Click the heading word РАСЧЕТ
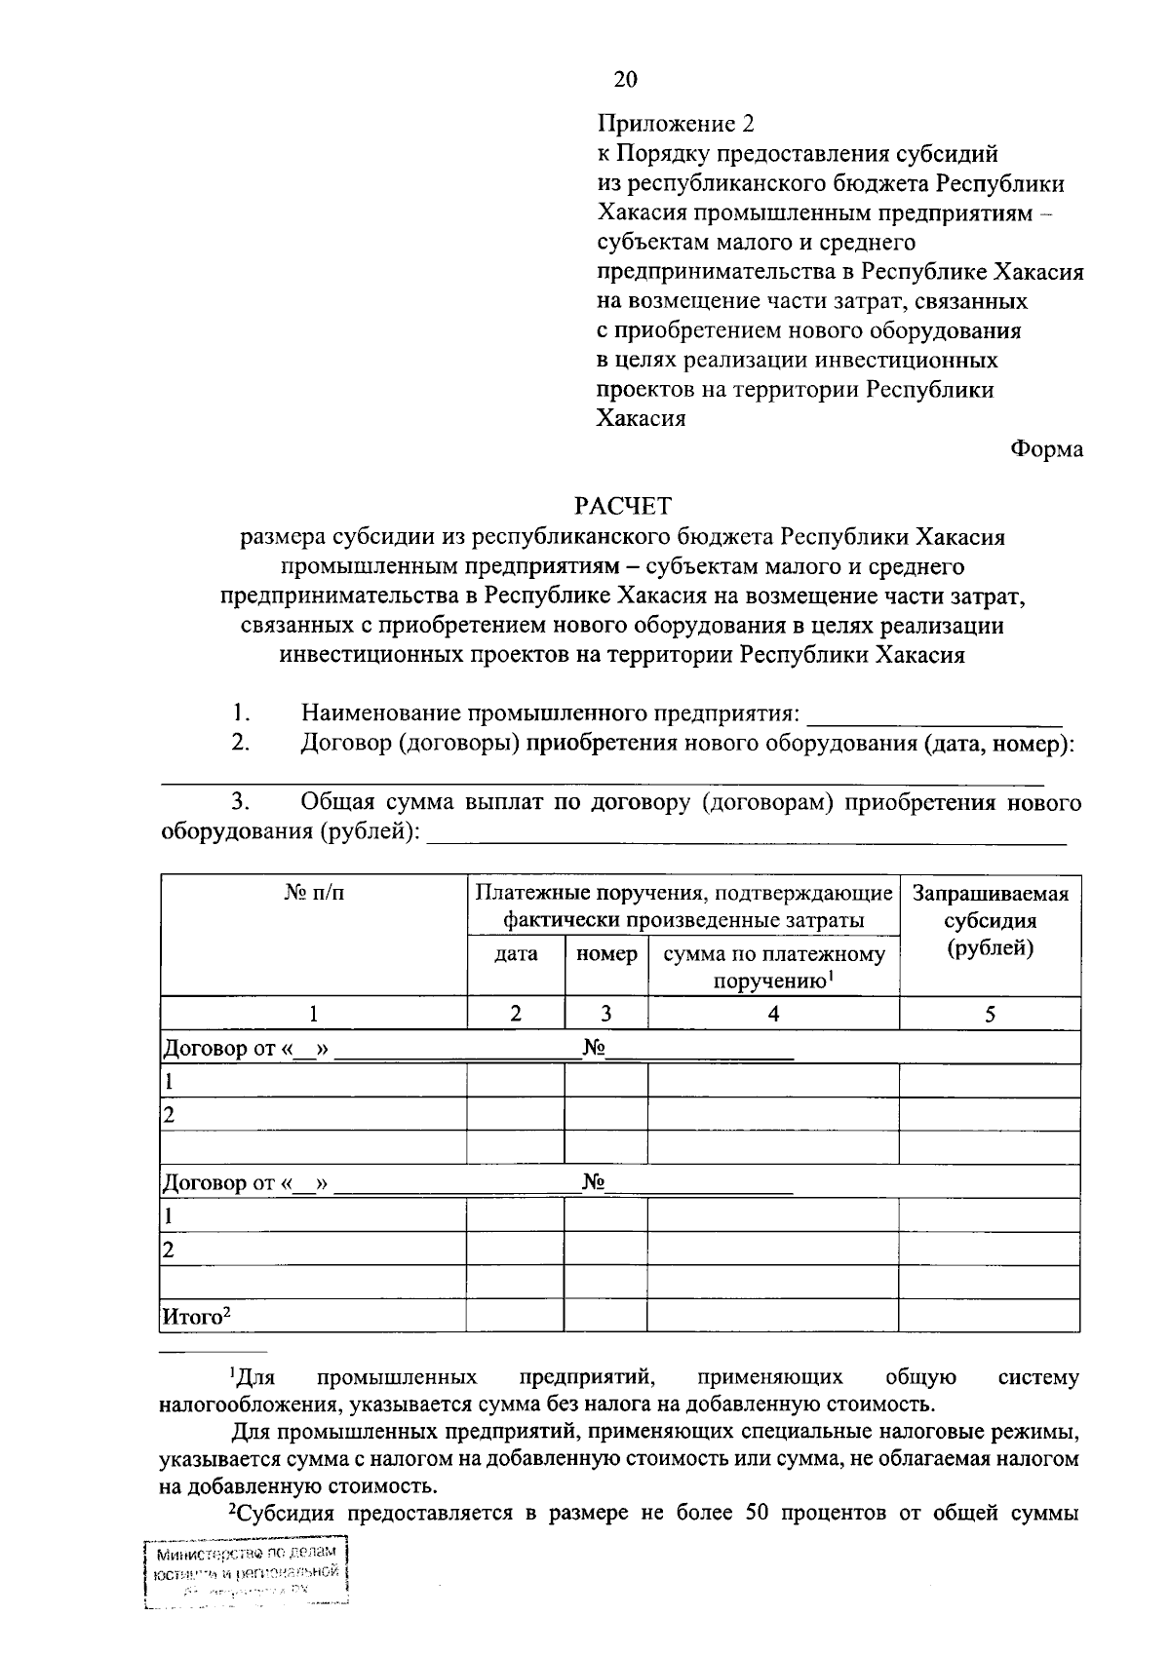623,506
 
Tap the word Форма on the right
1046,449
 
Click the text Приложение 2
676,124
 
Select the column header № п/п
313,894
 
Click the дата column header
516,954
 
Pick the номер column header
606,954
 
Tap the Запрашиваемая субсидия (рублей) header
990,921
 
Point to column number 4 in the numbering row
773,1014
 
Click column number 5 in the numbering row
990,1014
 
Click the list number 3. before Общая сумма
241,803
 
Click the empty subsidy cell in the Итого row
989,1317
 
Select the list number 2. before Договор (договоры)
241,744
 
